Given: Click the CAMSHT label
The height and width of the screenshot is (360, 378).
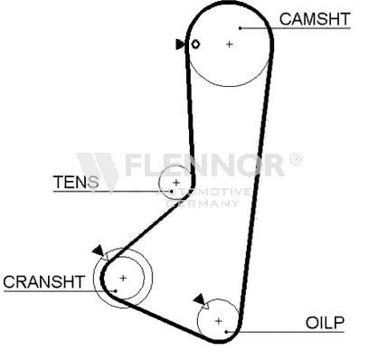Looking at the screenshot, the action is click(315, 19).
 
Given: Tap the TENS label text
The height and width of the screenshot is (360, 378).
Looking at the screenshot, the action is click(76, 182).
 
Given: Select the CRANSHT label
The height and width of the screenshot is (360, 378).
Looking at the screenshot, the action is click(44, 282).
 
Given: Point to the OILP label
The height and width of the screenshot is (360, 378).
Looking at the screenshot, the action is click(325, 323).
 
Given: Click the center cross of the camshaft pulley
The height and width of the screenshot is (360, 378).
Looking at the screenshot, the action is click(230, 44).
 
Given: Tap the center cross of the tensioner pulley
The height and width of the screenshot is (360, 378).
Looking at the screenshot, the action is click(176, 183).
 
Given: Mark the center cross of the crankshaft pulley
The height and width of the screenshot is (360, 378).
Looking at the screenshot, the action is click(123, 278).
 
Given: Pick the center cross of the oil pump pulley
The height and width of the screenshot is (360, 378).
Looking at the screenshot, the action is click(219, 321).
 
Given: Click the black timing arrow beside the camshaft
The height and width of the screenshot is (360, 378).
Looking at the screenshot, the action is click(180, 44).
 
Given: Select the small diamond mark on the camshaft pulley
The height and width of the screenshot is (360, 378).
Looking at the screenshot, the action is click(195, 44).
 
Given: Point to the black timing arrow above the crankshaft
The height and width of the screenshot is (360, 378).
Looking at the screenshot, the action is click(99, 251).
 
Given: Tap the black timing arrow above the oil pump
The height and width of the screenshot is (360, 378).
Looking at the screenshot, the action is click(199, 299).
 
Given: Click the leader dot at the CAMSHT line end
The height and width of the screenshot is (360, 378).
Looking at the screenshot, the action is click(241, 28).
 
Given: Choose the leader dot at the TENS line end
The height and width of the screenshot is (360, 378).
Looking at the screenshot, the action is click(172, 191).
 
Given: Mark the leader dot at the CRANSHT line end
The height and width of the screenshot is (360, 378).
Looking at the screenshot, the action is click(116, 291).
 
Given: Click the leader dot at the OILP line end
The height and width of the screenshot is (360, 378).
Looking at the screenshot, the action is click(226, 332).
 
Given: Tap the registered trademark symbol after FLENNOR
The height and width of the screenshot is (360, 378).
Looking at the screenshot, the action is click(296, 159).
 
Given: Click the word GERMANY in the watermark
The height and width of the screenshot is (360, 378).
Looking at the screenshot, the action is click(203, 204).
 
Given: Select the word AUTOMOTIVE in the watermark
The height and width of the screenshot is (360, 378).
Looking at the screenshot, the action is click(204, 192).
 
